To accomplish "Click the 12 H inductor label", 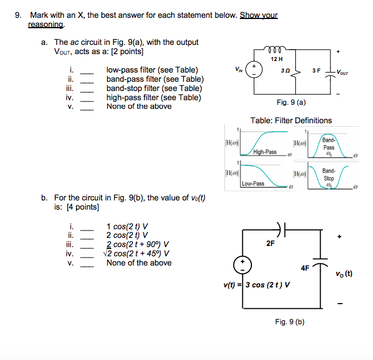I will [x=277, y=59].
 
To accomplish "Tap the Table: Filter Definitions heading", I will [x=291, y=120].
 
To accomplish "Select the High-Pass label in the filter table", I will [x=265, y=153].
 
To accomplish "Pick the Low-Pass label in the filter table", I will [x=253, y=184].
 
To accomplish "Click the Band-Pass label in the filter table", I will [x=329, y=144].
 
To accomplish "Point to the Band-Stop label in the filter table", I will [x=329, y=175].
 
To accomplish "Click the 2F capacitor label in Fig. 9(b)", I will [x=270, y=244].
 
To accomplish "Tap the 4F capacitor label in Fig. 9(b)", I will [x=305, y=267].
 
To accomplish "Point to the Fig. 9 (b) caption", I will [x=290, y=321].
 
